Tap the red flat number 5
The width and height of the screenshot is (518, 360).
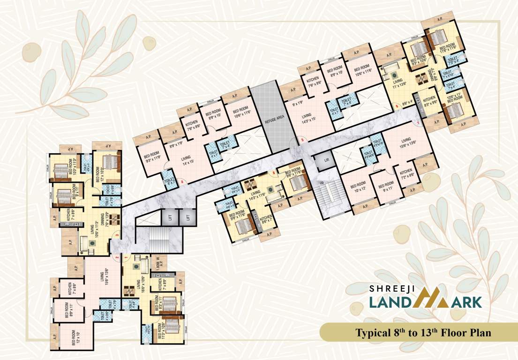coord(302,140)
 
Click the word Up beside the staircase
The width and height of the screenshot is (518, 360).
coord(322,182)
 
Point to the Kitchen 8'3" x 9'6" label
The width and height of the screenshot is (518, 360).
coord(430,102)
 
